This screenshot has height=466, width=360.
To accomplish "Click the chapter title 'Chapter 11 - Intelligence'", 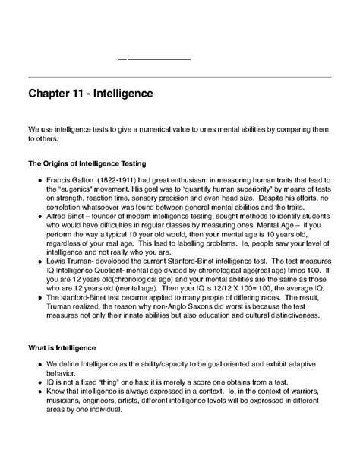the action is click(x=90, y=94).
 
